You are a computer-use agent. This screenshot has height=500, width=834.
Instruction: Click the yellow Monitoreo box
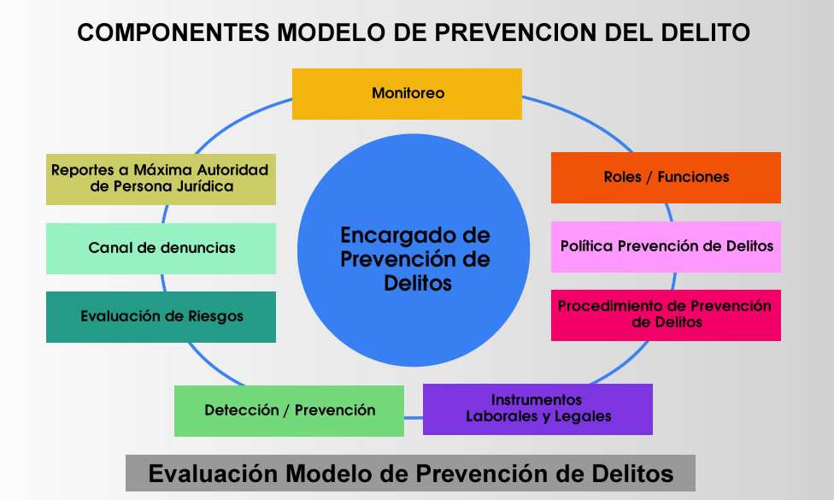407,94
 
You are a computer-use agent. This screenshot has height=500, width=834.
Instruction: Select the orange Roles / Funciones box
666,178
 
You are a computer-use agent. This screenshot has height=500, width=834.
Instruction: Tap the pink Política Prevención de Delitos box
666,247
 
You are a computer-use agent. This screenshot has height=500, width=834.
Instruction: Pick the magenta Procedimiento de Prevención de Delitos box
666,315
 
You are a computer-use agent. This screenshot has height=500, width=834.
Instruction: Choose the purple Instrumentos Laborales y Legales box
537,409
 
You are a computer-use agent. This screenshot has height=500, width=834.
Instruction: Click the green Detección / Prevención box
290,411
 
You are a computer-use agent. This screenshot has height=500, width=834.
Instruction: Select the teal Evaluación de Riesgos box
162,317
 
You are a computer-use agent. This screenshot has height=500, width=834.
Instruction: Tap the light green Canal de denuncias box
162,249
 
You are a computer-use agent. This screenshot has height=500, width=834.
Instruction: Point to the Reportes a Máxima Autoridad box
162,179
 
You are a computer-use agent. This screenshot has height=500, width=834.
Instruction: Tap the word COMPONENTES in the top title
173,32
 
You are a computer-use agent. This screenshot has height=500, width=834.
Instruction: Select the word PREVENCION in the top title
515,32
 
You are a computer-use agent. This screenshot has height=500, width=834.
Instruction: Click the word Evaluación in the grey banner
213,474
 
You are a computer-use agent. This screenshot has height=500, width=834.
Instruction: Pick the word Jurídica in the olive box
205,186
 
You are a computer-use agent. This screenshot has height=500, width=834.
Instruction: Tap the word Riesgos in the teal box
215,316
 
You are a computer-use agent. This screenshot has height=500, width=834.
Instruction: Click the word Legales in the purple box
583,416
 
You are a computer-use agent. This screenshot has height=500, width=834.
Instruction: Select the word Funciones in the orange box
693,177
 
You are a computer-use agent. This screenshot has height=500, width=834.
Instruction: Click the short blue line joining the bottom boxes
414,418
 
